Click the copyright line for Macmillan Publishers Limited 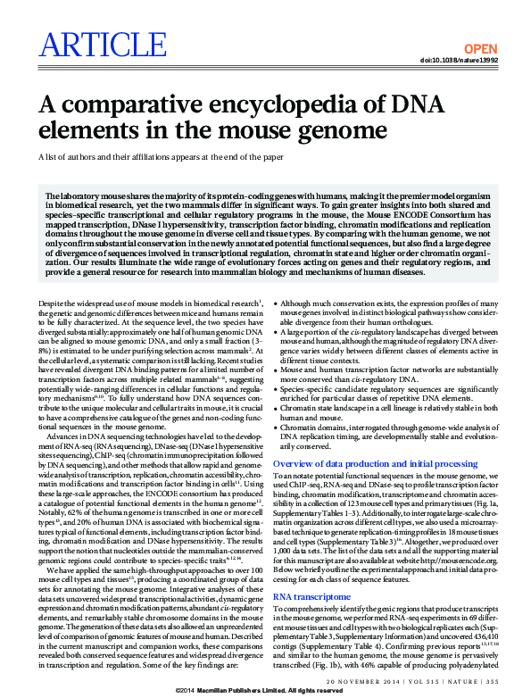[265, 691]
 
